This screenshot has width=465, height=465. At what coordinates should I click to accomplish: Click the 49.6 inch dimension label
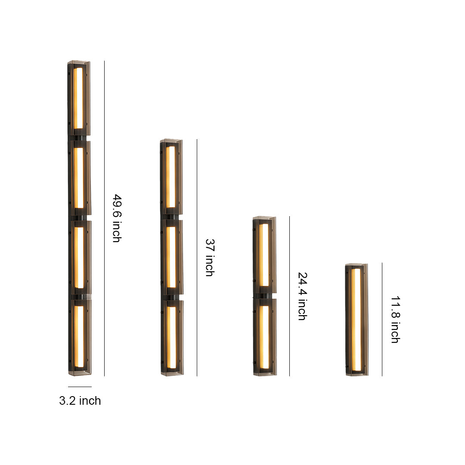point(116,218)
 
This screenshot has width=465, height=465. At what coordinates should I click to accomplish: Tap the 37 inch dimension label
point(209,257)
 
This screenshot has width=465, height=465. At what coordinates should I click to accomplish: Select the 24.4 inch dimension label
point(302,296)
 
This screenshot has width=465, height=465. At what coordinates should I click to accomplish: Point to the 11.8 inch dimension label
point(395,319)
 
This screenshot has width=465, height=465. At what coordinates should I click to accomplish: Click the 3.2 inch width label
point(80,401)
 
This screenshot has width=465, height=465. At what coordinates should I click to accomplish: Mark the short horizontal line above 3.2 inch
point(80,387)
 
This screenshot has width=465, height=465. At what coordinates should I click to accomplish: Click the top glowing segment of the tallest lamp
point(78,98)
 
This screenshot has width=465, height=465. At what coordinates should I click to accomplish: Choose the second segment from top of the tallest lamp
point(79,178)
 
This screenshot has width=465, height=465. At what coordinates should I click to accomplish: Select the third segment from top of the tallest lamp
point(79,257)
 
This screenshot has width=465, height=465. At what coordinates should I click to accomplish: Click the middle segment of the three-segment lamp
point(171,257)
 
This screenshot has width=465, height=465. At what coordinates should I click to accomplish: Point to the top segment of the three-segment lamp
point(171,177)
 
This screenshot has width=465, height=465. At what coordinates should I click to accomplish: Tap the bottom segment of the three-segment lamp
point(171,337)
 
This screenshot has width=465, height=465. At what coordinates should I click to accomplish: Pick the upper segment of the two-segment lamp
point(264,255)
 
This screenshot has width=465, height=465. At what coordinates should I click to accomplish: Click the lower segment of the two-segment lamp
point(264,337)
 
